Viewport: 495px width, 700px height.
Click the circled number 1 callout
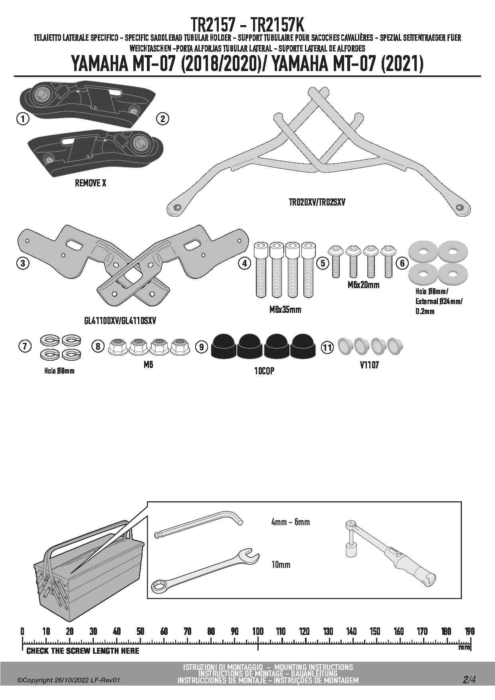pos(23,119)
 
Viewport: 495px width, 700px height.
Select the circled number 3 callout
pos(23,263)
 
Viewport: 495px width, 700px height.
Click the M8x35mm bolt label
pos(285,310)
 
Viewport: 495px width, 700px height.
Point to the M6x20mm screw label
pos(363,285)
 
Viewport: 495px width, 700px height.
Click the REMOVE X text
pos(91,183)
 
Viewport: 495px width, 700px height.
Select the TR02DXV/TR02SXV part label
pos(317,202)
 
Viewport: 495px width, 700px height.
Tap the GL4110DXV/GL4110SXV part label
pos(120,320)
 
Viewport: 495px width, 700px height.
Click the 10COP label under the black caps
pos(264,371)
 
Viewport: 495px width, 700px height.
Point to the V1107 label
pos(369,365)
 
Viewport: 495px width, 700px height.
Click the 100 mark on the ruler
pos(258,631)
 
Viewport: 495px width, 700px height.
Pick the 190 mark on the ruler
pos(469,631)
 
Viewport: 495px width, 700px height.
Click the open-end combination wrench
pos(206,570)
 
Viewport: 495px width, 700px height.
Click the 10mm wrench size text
pos(281,565)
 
